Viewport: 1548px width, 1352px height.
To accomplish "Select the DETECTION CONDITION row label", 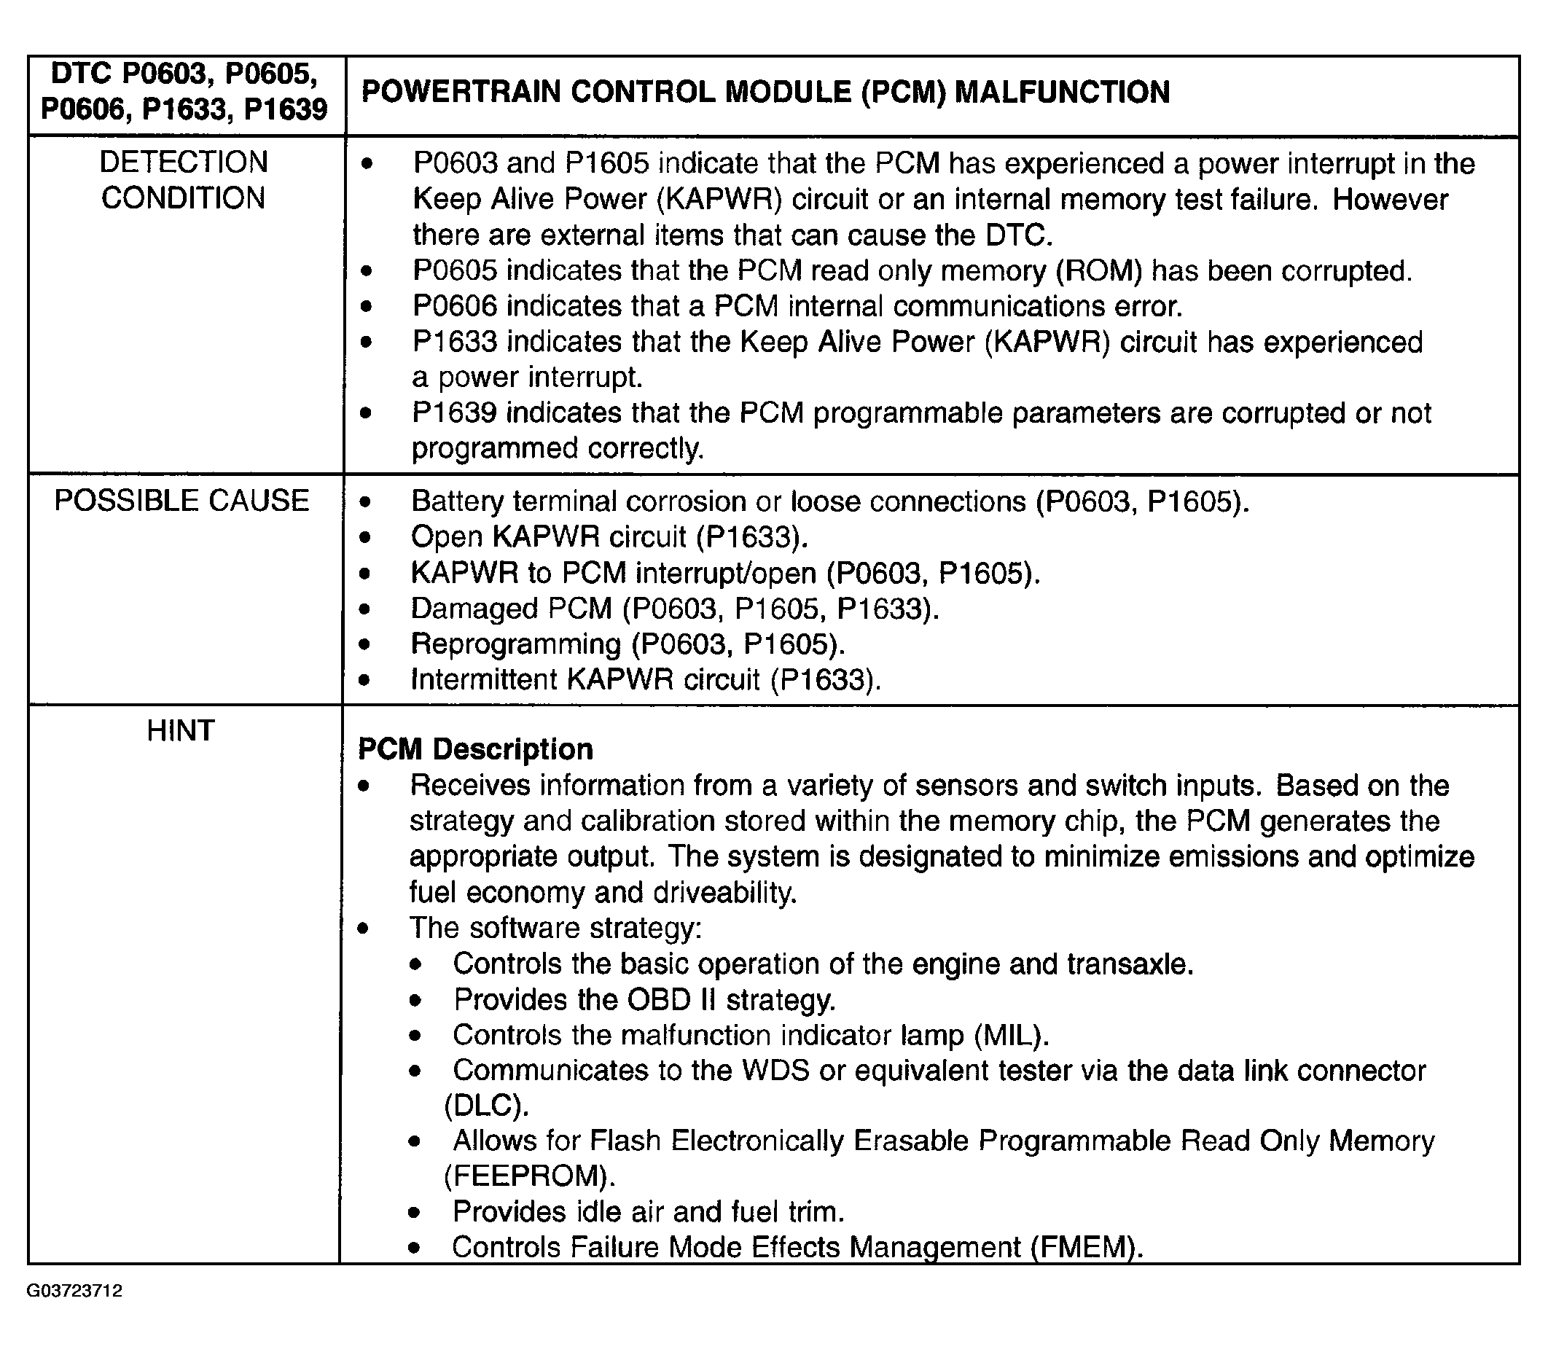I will click(184, 180).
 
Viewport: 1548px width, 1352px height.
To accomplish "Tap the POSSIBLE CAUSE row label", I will click(181, 501).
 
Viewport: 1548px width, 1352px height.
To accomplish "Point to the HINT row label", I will click(181, 730).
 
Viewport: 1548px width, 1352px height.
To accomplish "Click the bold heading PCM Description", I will click(475, 749).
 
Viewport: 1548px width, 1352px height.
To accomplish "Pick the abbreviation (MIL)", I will click(1012, 1035).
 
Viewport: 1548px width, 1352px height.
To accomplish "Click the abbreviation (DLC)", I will click(487, 1106).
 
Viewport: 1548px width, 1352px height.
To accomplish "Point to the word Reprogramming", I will click(515, 644).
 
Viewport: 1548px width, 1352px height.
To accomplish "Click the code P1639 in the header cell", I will click(286, 110).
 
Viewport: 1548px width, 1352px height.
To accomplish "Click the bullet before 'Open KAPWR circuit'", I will click(366, 538).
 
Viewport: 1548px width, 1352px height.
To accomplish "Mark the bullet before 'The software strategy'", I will click(364, 929).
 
